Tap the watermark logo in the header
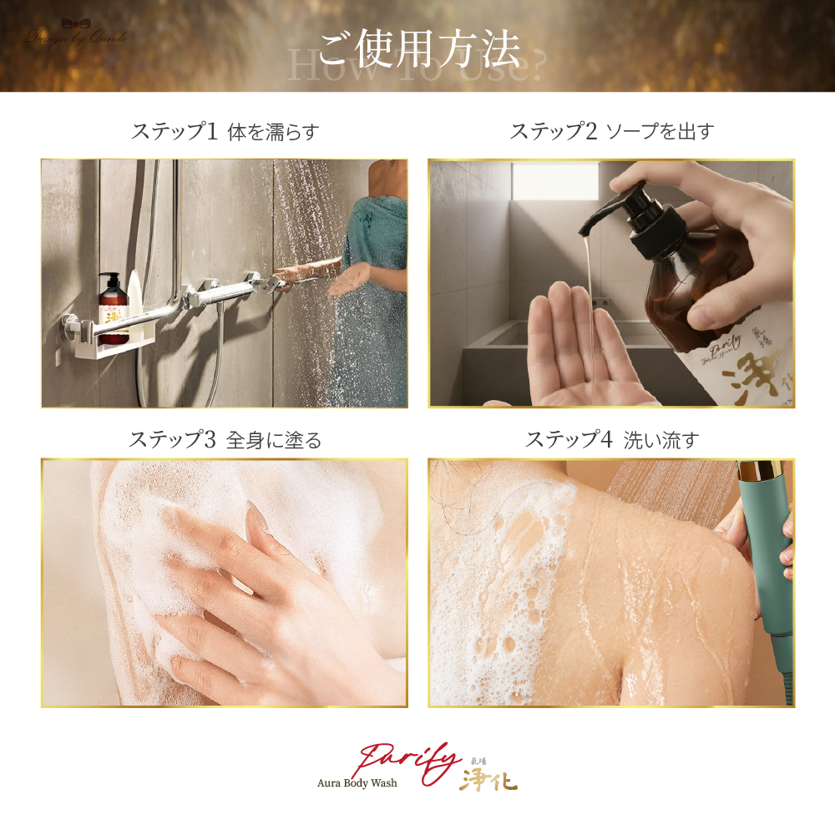77,35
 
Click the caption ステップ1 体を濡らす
225,131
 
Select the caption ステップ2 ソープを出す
611,131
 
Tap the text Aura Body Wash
357,783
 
